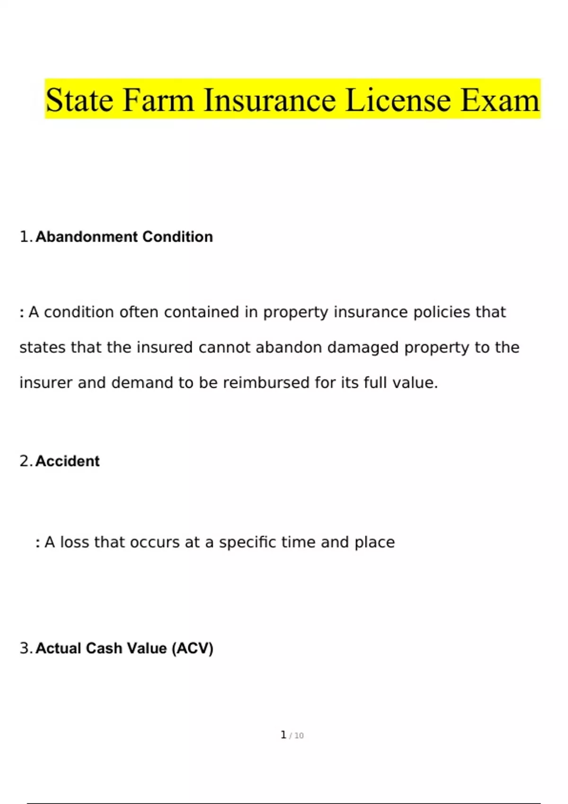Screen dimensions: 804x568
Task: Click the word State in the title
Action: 80,100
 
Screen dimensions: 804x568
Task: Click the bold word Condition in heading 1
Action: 177,236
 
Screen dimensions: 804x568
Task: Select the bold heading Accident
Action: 67,461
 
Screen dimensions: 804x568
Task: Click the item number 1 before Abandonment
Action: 25,236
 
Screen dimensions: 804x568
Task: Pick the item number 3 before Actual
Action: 25,648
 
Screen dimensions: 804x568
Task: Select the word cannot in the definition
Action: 224,348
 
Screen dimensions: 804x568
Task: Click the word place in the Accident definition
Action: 374,542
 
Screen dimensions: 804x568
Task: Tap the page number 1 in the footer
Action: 283,734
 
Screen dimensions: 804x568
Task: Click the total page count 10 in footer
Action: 299,735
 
